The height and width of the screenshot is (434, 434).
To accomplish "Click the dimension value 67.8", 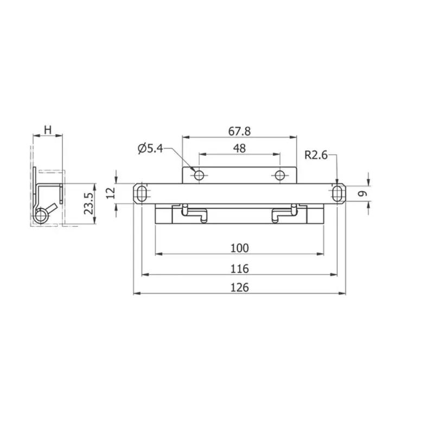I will click(239, 131).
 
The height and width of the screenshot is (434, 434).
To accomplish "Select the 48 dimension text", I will click(239, 148).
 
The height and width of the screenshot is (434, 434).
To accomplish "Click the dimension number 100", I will click(239, 248).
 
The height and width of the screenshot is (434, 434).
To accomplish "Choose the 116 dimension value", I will click(239, 269).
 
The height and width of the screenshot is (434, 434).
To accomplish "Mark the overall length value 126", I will click(239, 288).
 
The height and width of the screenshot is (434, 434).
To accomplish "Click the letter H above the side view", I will click(48, 130).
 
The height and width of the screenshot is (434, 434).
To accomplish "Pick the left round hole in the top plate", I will click(199, 175).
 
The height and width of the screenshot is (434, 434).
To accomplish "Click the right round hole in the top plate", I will click(280, 175).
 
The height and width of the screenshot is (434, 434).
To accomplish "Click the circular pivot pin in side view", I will click(40, 216).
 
